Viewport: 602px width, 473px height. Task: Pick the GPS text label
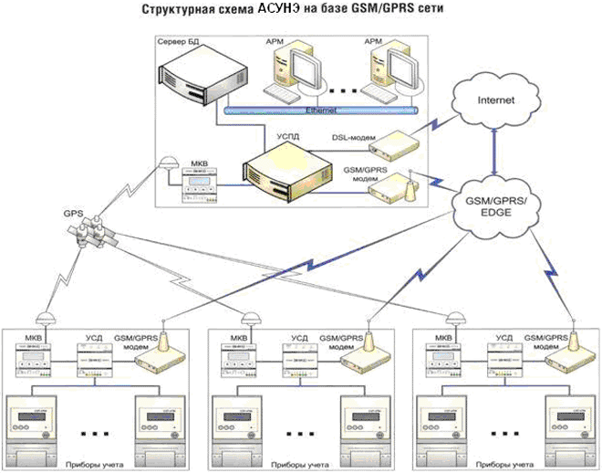click(73, 213)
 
